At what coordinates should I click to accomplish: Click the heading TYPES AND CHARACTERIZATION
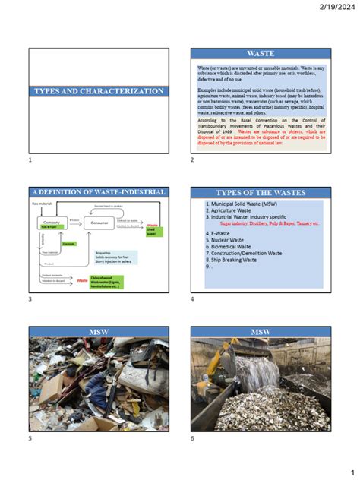tap(99, 91)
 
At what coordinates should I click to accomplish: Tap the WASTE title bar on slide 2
tap(260, 55)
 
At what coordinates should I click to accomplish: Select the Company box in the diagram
tap(52, 224)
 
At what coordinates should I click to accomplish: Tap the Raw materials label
tap(42, 204)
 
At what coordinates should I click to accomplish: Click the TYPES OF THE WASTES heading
tap(260, 193)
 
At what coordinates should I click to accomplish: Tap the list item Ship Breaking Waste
tap(236, 260)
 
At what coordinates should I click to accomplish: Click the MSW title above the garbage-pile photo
tap(99, 332)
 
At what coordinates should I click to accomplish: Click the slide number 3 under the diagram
tap(30, 300)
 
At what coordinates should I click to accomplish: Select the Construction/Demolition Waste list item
tap(248, 253)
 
